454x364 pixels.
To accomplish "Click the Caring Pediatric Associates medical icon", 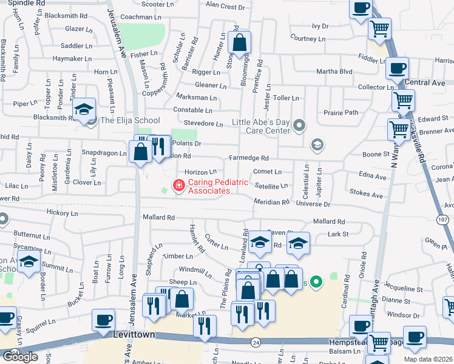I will click(x=179, y=185).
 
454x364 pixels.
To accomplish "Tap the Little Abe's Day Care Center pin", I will click(x=299, y=126).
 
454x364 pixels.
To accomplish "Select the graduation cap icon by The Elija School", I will click(x=84, y=109).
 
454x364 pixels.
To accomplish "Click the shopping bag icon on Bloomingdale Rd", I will click(x=240, y=42).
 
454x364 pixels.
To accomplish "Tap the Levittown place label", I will click(x=135, y=335).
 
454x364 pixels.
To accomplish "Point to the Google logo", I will click(x=20, y=357).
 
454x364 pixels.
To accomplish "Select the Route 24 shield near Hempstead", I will click(x=256, y=342).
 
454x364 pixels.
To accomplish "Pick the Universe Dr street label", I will click(x=314, y=205).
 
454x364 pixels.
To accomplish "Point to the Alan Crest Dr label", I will click(x=225, y=6).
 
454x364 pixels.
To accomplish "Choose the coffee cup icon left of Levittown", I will click(x=103, y=319).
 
